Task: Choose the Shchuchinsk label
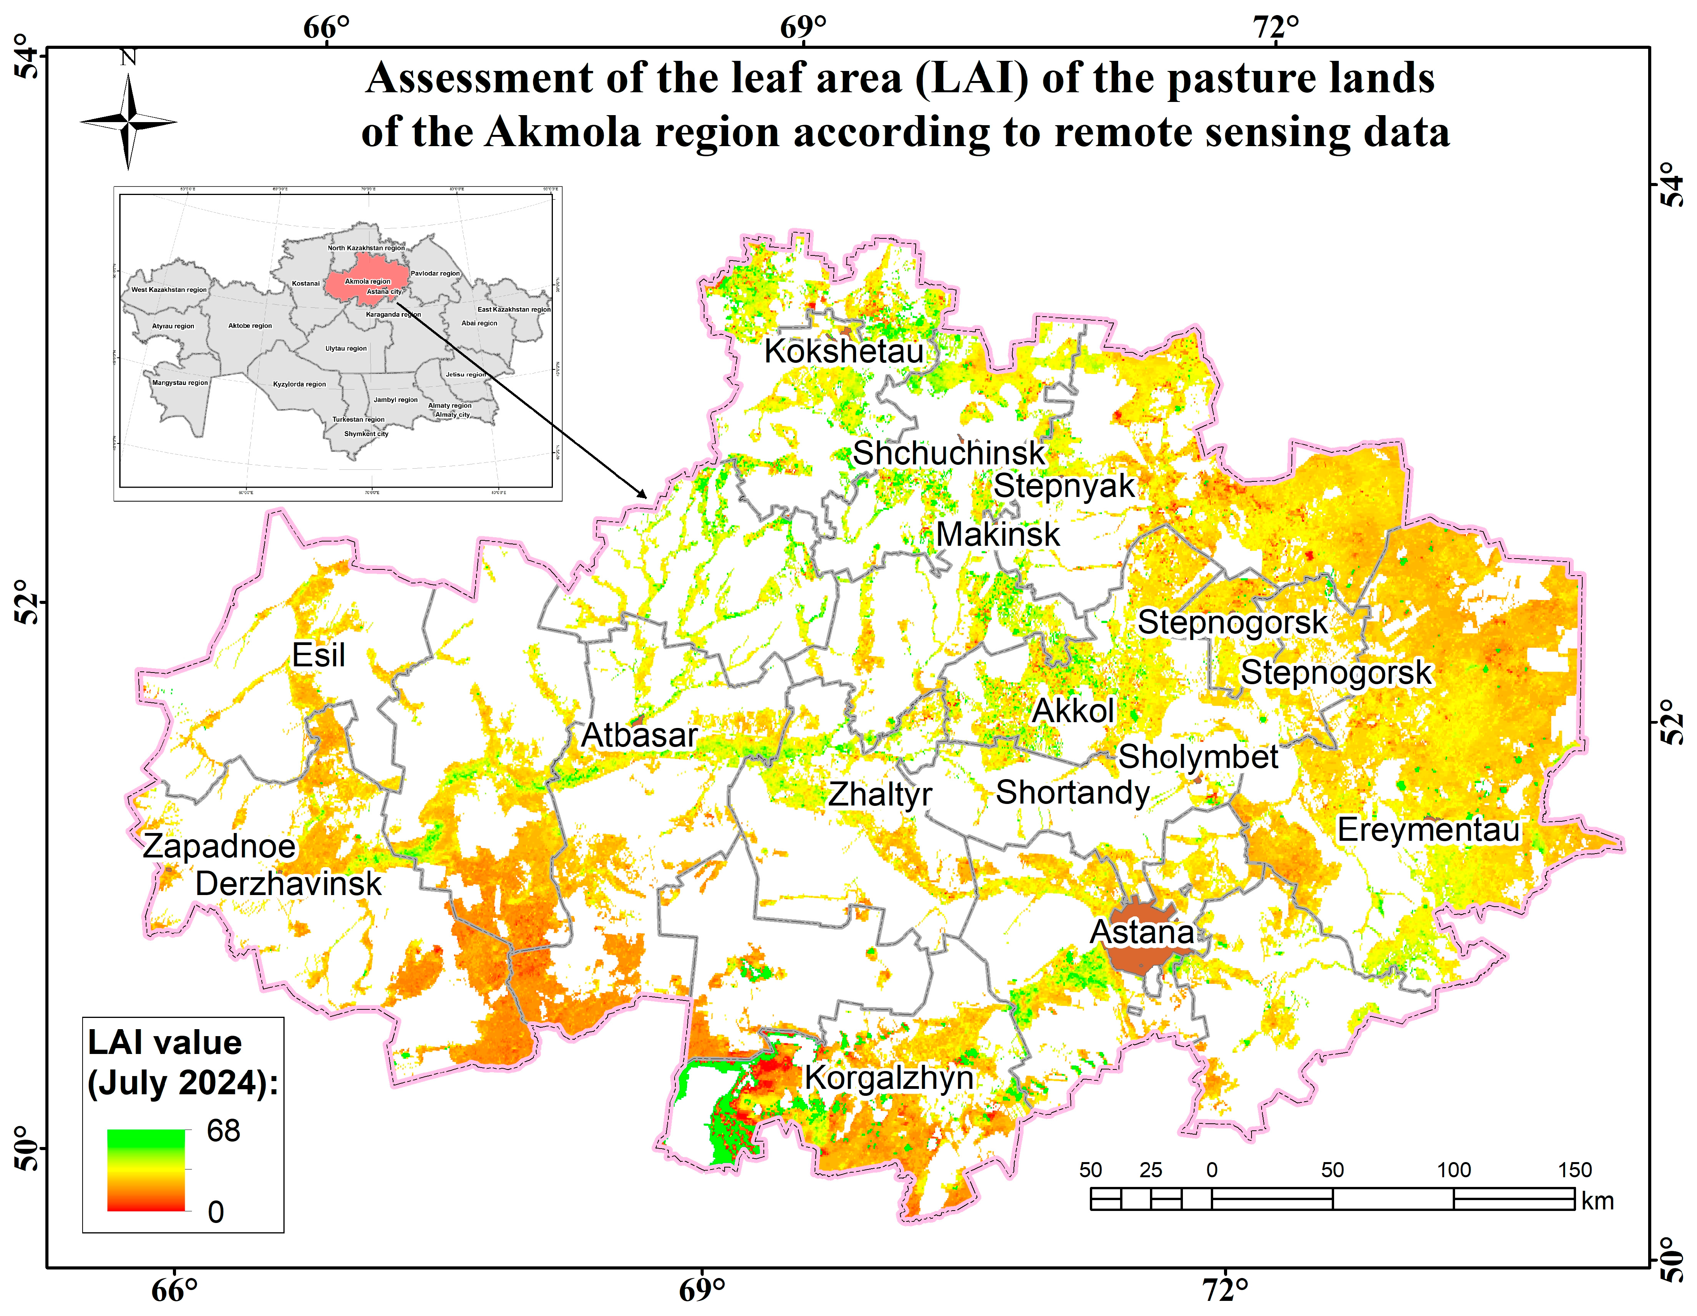[x=949, y=454]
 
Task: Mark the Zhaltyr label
[x=880, y=795]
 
